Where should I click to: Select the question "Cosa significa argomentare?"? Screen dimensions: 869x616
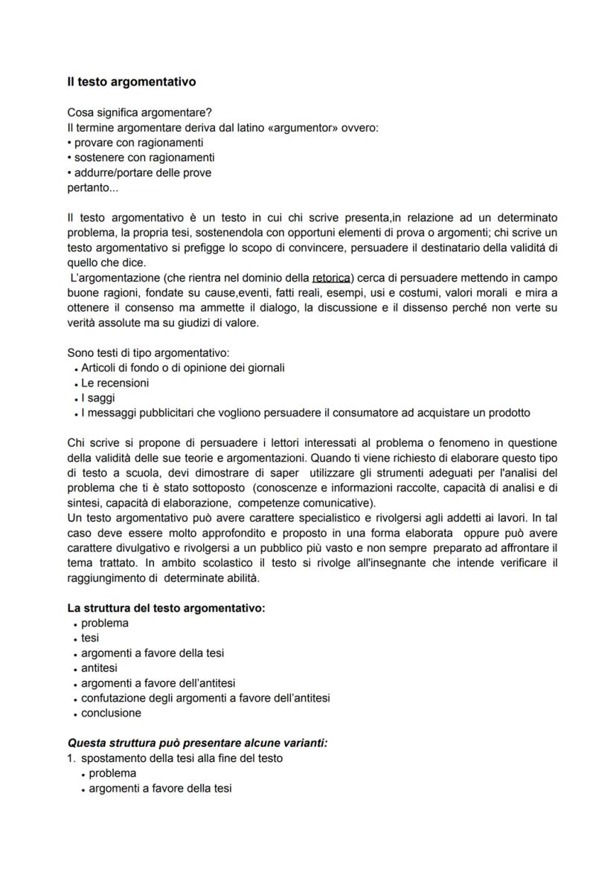pos(139,113)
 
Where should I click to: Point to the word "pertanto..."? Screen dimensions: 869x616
pos(92,187)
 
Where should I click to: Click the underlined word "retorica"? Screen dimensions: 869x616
pos(332,277)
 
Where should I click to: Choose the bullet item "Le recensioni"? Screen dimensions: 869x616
pos(115,383)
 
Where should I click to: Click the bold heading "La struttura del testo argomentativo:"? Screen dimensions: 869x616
pos(166,608)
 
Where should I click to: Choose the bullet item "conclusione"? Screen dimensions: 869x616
pos(111,713)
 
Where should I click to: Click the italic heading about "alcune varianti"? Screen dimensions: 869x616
pos(197,743)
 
